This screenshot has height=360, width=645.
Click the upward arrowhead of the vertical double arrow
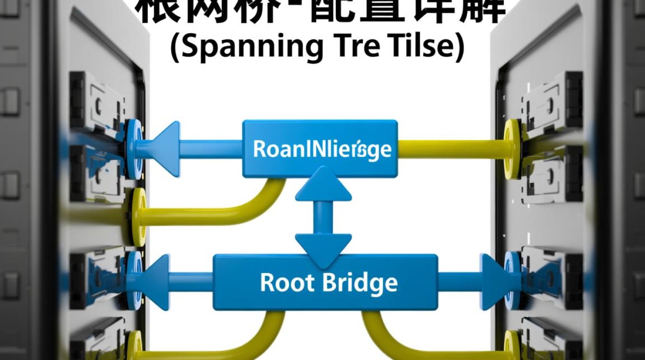click(323, 184)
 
